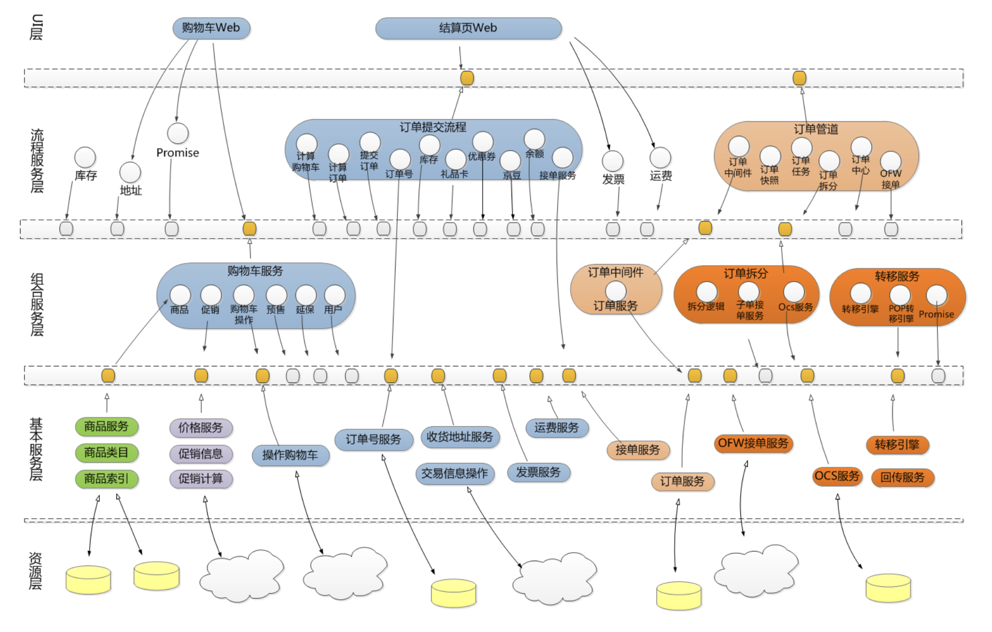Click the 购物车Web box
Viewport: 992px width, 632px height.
pos(211,28)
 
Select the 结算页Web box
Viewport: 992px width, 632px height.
pos(468,28)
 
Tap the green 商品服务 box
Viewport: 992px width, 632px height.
pos(106,427)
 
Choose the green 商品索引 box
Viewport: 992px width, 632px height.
pos(106,479)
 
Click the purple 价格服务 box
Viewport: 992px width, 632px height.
pos(201,428)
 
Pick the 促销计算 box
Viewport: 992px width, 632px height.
pos(201,479)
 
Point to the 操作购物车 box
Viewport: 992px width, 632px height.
pos(290,455)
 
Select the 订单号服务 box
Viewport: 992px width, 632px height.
pos(374,439)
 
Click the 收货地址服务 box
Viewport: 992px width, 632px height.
pos(460,437)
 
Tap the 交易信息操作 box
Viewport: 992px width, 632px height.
pos(455,474)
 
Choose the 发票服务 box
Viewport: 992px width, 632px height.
pos(538,472)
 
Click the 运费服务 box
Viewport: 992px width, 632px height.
pos(557,428)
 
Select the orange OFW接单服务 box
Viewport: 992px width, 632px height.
pos(753,443)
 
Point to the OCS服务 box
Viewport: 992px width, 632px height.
pos(837,476)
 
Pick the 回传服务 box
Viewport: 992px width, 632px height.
pos(902,477)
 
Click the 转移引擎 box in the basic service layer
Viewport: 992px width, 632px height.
pos(897,445)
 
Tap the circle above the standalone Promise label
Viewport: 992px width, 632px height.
pos(178,134)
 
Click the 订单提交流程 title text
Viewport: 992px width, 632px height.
pos(433,127)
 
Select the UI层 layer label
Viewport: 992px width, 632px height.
pos(36,27)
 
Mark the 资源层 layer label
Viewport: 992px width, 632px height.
pos(35,571)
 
